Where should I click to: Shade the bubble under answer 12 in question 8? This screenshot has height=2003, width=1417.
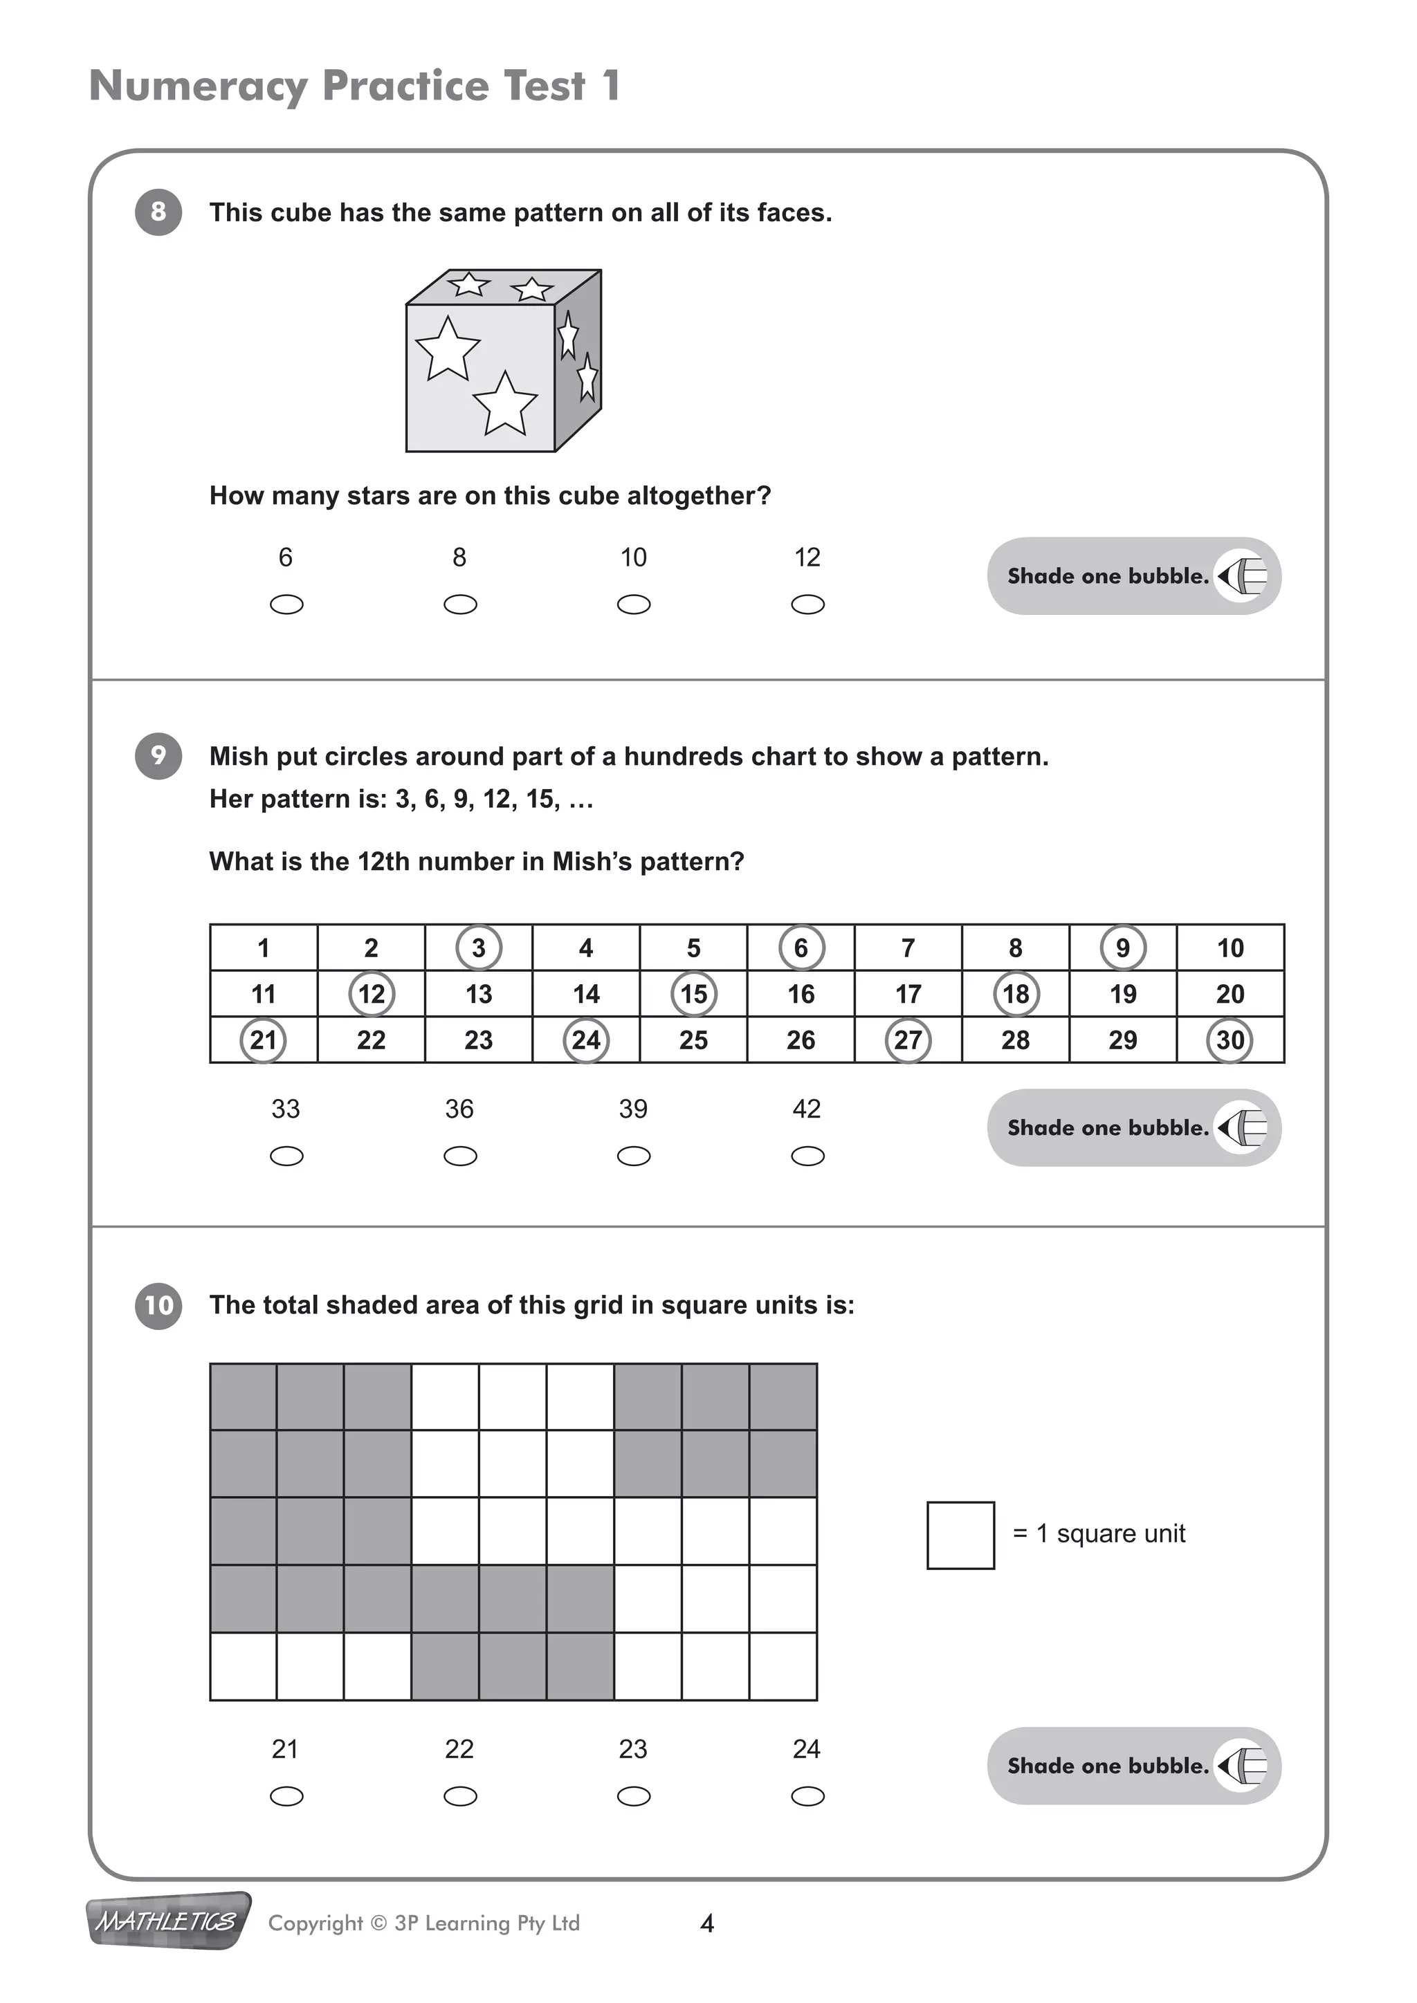click(x=807, y=604)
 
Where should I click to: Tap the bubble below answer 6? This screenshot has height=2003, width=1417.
click(x=286, y=604)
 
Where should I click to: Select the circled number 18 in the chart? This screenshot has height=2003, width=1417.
click(x=1016, y=994)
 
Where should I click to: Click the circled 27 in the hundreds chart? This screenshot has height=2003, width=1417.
click(x=908, y=1040)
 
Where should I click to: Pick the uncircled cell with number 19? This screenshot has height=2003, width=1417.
click(x=1123, y=994)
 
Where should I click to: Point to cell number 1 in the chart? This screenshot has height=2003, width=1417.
click(x=264, y=948)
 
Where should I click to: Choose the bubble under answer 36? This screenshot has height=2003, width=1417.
click(x=460, y=1156)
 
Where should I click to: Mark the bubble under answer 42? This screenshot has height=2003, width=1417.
click(x=807, y=1156)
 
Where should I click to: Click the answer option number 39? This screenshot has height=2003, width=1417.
click(x=634, y=1109)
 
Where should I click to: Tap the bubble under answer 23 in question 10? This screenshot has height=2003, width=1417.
click(x=634, y=1796)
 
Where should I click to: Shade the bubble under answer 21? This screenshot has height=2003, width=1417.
click(x=286, y=1796)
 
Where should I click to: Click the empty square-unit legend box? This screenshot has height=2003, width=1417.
click(x=960, y=1535)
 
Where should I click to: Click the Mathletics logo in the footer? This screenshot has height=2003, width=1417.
click(x=167, y=1921)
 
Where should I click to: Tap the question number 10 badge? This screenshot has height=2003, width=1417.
click(x=158, y=1305)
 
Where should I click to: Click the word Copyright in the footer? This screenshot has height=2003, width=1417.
click(x=315, y=1923)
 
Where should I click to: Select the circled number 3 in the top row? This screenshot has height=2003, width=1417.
click(x=478, y=948)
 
